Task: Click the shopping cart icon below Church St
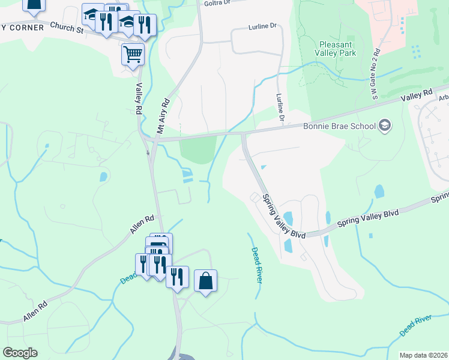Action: coord(133,55)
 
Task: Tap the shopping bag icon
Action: coord(205,281)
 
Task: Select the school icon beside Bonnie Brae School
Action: coord(385,126)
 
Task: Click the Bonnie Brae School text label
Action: coord(339,126)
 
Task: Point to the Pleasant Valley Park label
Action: coord(338,49)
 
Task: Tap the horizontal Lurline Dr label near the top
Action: coord(263,27)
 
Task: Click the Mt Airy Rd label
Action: coord(164,116)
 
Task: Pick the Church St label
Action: coord(65,27)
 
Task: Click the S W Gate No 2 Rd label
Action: coord(374,73)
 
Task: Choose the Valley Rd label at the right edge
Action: coord(417,95)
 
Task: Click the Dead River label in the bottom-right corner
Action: coord(415,324)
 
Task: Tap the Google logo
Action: coord(19,353)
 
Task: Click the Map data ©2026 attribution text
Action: coord(423,355)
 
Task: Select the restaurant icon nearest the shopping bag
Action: coord(177,277)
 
